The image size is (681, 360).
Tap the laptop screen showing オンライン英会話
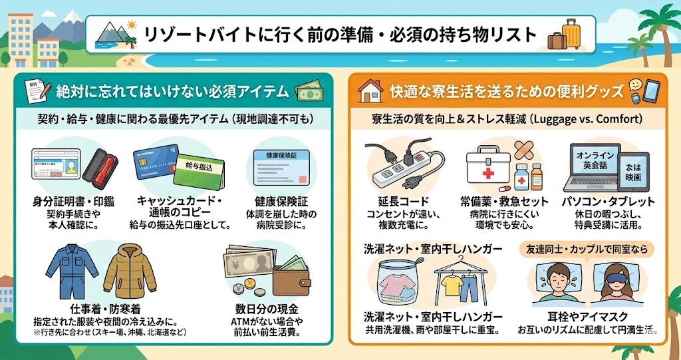pos(588,164)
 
